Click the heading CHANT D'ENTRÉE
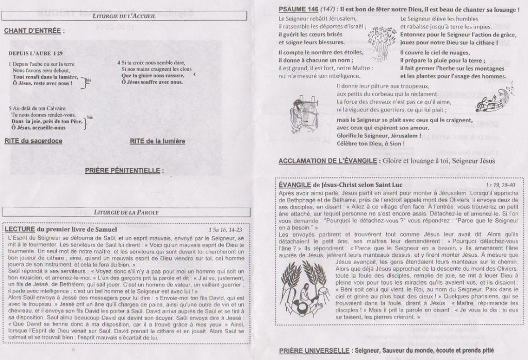[34, 31]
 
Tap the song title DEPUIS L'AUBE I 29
[36, 53]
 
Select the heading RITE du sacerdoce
[34, 141]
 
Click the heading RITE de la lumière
[157, 141]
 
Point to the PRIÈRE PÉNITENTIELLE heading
[124, 170]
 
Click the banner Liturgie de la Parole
[126, 212]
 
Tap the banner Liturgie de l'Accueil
[126, 17]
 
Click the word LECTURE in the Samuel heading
[19, 229]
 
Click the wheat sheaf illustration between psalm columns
[381, 41]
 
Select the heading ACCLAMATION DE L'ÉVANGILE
[328, 161]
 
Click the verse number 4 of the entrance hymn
[119, 62]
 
